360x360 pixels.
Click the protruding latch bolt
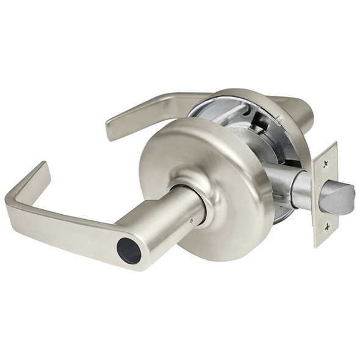[339, 198]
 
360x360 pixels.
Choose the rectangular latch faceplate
[325, 194]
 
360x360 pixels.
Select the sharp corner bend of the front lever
[13, 198]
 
